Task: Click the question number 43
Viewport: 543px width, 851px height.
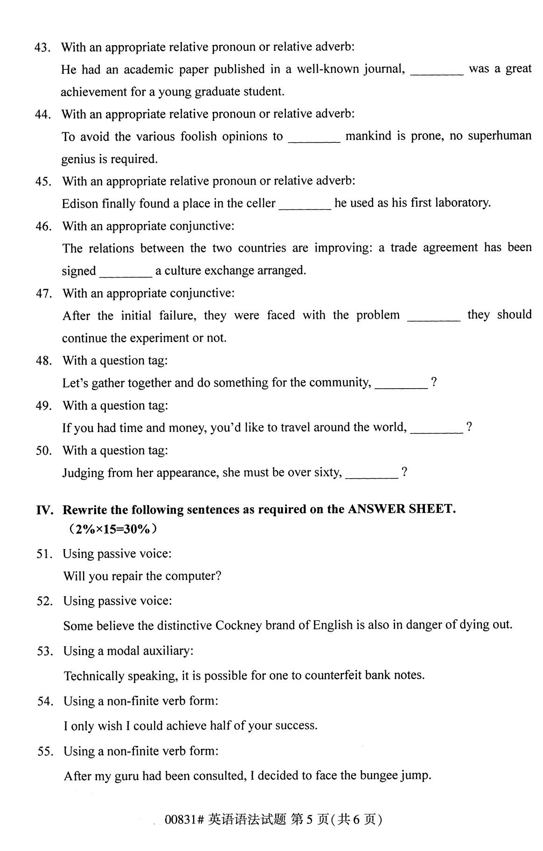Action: coord(42,48)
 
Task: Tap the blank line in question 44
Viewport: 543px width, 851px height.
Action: coord(314,140)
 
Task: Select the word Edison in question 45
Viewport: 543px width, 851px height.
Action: coord(80,204)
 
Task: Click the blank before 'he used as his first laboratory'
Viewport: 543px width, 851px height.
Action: coord(305,207)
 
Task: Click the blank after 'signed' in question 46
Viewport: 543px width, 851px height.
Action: coord(126,274)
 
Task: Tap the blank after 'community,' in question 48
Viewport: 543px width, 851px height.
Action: coord(401,386)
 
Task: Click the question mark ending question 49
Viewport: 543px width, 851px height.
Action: coord(469,427)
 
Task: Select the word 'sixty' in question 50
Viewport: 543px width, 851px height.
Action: coord(327,472)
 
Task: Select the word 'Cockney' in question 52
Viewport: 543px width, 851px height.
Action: coord(238,625)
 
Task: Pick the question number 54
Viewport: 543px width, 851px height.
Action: coord(45,701)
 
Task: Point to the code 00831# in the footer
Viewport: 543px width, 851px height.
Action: coord(184,820)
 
